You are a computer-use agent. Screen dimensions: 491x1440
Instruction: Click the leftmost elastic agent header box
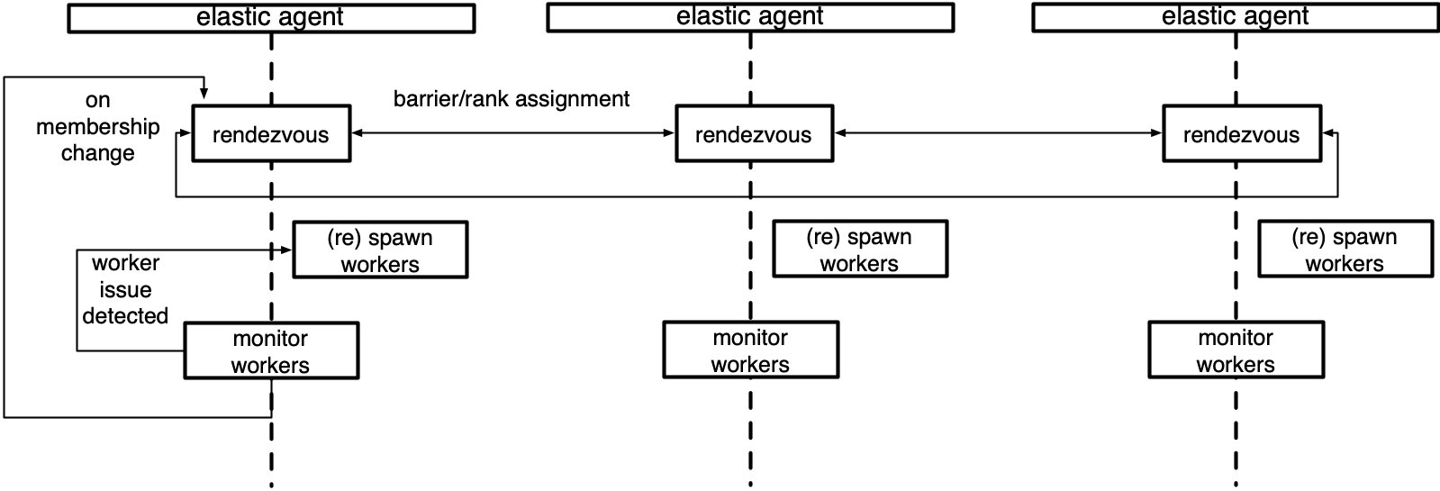271,18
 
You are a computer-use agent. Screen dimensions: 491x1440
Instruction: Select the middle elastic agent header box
750,17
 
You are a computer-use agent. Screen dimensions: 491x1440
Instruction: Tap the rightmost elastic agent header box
1235,17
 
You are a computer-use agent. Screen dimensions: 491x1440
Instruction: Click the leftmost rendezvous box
271,134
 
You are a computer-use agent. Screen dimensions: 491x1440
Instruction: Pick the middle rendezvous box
754,134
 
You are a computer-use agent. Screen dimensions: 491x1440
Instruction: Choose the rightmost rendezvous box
1241,134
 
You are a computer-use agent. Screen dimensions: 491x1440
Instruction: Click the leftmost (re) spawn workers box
380,250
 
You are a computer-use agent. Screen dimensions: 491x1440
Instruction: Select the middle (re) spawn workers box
860,249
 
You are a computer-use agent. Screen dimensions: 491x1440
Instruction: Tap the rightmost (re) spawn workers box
1345,249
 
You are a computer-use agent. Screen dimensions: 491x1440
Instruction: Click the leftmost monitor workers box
271,350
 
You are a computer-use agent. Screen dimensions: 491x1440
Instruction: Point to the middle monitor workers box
750,350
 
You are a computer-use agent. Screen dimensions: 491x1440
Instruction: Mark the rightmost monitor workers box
1236,350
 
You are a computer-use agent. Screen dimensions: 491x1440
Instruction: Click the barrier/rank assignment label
512,99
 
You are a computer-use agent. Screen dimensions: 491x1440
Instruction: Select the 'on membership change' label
97,126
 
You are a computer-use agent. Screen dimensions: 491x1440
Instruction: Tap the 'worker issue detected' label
125,289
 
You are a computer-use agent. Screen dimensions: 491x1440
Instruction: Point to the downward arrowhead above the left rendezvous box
204,94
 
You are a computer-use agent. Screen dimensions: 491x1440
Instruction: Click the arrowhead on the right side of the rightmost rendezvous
1328,134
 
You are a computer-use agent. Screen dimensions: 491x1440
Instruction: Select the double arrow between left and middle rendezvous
512,133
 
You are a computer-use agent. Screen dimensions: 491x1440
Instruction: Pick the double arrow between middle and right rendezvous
998,133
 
